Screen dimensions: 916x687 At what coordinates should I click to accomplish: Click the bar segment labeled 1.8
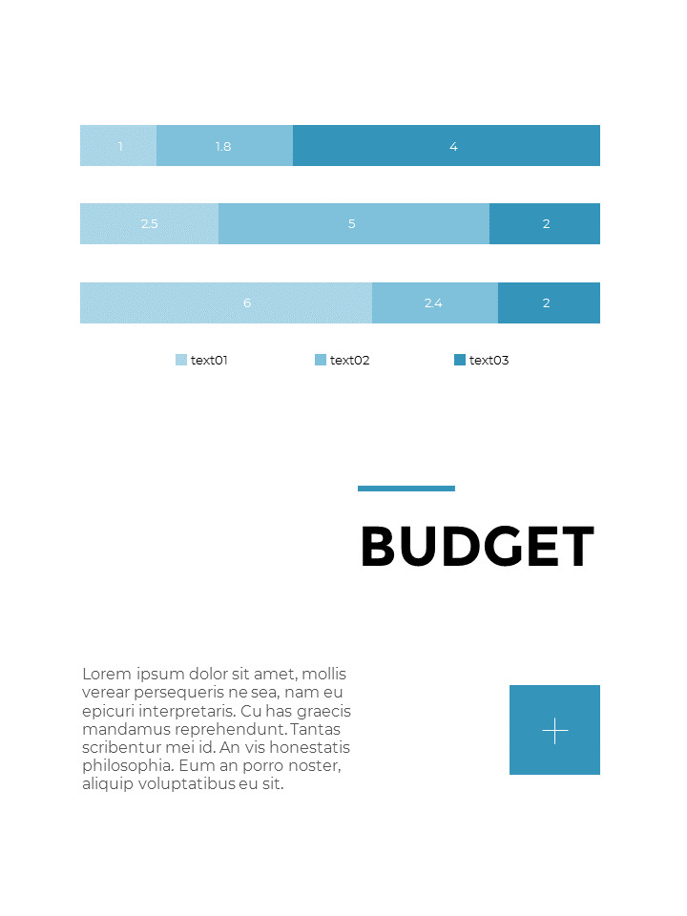point(224,146)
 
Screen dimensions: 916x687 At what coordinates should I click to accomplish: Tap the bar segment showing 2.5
point(149,224)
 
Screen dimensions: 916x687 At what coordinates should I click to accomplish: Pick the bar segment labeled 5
point(353,224)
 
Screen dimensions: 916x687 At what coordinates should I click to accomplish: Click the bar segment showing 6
point(226,303)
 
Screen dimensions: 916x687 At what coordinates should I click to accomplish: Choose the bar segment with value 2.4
point(434,303)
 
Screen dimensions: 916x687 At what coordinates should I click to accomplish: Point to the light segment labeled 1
point(118,146)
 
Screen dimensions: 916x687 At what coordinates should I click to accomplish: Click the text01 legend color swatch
point(181,360)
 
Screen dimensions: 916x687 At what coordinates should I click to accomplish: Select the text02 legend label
point(349,361)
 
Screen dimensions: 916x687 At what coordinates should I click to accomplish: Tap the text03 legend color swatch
point(460,360)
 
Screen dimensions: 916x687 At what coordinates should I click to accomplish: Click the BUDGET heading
point(477,548)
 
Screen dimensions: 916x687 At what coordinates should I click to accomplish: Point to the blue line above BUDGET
point(406,489)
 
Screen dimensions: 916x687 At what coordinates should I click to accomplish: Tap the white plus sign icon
point(554,731)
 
